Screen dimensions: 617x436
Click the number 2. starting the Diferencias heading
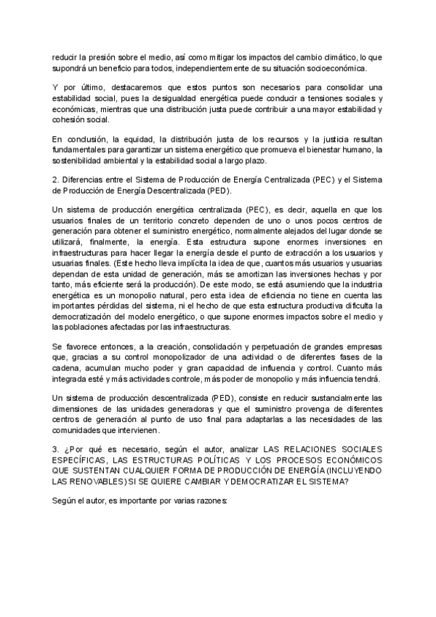click(56, 180)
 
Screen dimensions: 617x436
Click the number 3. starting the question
click(56, 449)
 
